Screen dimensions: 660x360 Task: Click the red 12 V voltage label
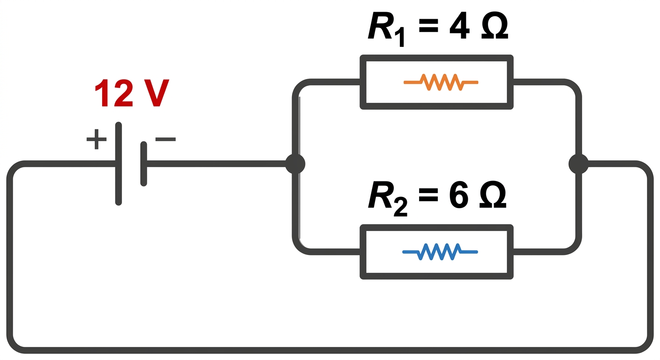(132, 93)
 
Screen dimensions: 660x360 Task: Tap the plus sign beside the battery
(97, 139)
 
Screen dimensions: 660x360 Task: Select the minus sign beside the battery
(165, 139)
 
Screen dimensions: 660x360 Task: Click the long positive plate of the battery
(119, 164)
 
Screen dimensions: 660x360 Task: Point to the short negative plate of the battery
(144, 164)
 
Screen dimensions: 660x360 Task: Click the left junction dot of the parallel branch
(295, 164)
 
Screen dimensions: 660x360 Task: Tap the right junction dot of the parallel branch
(578, 164)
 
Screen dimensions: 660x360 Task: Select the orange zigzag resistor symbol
(441, 82)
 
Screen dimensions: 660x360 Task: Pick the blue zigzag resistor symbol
(440, 252)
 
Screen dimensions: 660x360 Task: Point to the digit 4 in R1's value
(459, 26)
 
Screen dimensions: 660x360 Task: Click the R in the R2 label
(380, 195)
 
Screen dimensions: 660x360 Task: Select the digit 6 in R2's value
(459, 195)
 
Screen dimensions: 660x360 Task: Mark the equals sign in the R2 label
(428, 195)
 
